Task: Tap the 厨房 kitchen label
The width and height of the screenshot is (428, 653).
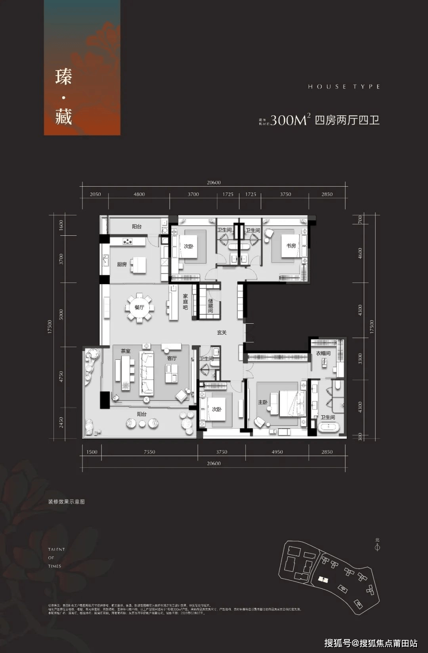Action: pyautogui.click(x=122, y=264)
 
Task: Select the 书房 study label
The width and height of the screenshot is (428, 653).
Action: pyautogui.click(x=291, y=246)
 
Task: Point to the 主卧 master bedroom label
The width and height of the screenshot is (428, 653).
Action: pyautogui.click(x=263, y=402)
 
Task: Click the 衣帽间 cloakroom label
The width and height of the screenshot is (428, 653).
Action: pyautogui.click(x=323, y=353)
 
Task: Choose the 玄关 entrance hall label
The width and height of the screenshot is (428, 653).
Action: pyautogui.click(x=222, y=333)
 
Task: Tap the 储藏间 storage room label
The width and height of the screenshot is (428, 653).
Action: pyautogui.click(x=210, y=305)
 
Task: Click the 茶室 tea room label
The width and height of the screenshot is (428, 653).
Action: pyautogui.click(x=126, y=351)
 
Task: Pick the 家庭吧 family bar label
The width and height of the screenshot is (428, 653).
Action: pyautogui.click(x=185, y=302)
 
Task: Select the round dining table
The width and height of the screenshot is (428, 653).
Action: pyautogui.click(x=139, y=307)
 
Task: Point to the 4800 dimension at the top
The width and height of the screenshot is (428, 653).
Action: pyautogui.click(x=139, y=194)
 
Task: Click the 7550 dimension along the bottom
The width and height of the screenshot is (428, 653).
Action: pyautogui.click(x=149, y=452)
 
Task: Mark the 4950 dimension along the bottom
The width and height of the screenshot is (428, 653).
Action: pyautogui.click(x=277, y=452)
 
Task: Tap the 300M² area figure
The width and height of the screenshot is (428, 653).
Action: pyautogui.click(x=290, y=120)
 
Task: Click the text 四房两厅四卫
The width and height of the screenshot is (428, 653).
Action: pyautogui.click(x=347, y=120)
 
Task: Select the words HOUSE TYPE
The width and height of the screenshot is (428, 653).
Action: pyautogui.click(x=344, y=86)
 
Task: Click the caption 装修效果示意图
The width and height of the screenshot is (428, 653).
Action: pyautogui.click(x=67, y=502)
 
